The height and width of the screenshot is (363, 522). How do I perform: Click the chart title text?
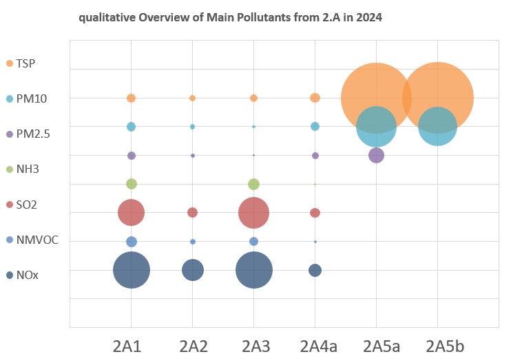click(x=230, y=17)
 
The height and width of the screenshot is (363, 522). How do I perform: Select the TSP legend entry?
click(x=25, y=63)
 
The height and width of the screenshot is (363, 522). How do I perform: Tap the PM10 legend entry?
click(x=30, y=99)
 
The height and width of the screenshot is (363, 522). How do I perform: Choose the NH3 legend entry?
click(x=28, y=169)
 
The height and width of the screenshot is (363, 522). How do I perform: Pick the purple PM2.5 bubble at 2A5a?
click(x=376, y=156)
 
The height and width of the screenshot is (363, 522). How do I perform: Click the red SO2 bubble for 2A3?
click(x=253, y=213)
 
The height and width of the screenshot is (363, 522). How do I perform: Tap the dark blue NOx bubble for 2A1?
click(x=132, y=270)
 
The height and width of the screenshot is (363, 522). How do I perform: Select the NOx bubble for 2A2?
click(x=193, y=270)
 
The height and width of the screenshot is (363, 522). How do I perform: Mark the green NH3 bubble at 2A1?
click(x=132, y=184)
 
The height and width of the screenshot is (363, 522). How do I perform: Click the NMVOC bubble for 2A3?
click(x=253, y=241)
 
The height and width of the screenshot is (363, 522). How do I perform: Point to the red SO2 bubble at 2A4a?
click(x=315, y=213)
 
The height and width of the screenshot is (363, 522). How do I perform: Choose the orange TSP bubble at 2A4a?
click(x=315, y=98)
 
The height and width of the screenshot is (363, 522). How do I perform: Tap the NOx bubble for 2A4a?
click(x=315, y=270)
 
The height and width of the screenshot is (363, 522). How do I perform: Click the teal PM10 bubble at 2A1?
click(x=132, y=127)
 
